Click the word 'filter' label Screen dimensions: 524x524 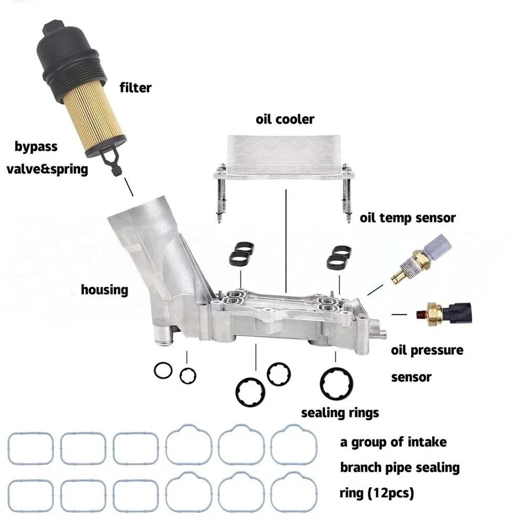[x=135, y=87]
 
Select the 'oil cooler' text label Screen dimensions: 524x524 [x=285, y=118]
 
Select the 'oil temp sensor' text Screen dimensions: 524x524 [x=407, y=218]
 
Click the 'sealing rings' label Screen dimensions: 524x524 [x=340, y=413]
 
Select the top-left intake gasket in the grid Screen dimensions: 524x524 [x=31, y=448]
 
